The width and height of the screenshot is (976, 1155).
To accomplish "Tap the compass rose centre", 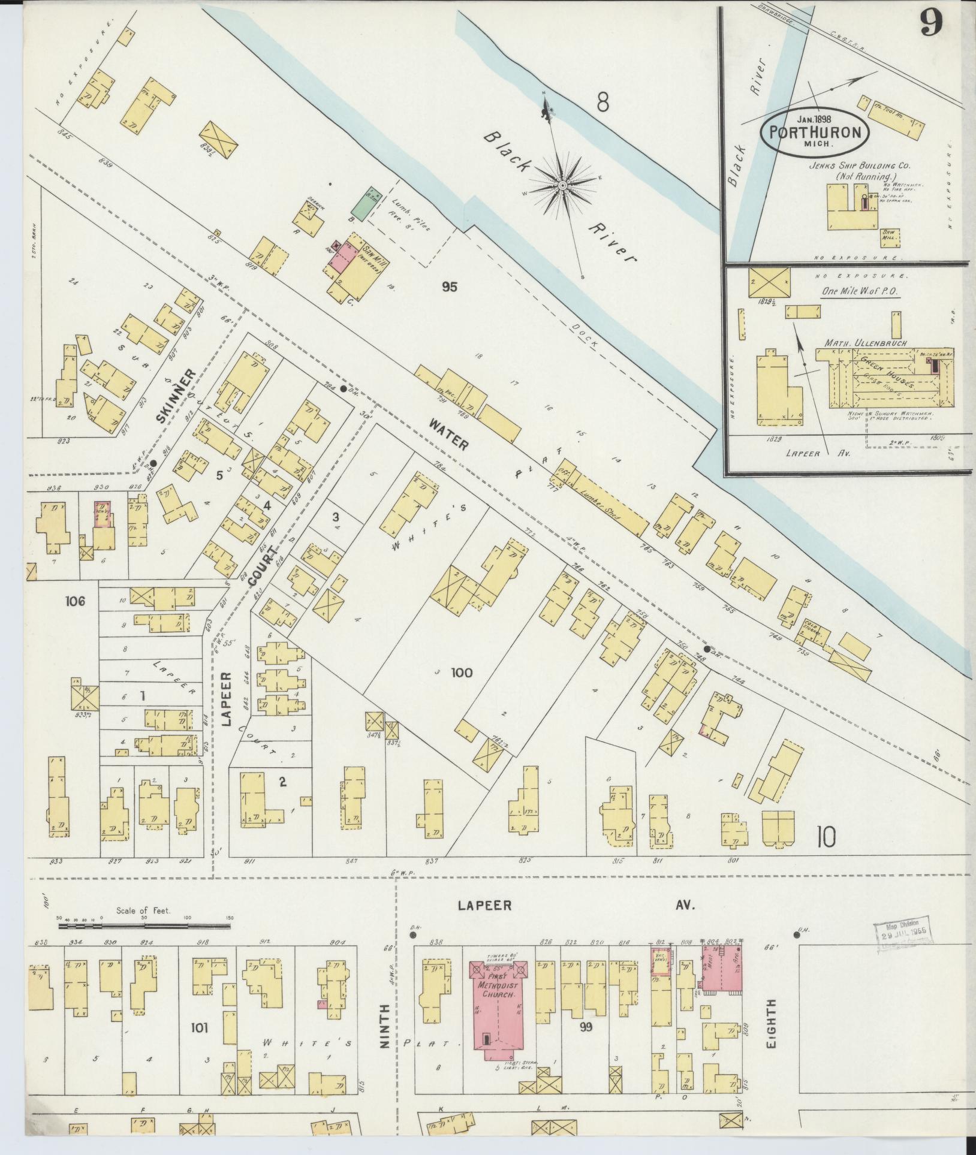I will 562,186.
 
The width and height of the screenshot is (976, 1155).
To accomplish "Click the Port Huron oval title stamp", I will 815,132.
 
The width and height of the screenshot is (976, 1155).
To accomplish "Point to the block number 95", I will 449,288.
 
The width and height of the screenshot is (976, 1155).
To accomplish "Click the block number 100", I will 461,673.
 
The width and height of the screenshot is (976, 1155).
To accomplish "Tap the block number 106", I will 77,601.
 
